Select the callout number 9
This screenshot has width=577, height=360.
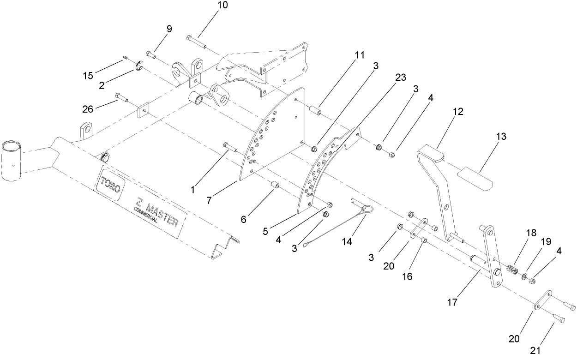pyautogui.click(x=169, y=29)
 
